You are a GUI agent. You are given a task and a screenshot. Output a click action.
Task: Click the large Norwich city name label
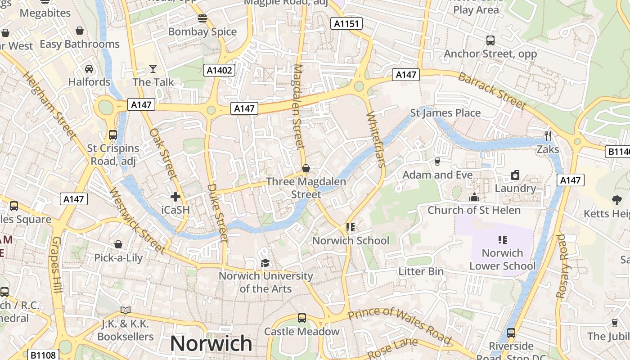[211, 344]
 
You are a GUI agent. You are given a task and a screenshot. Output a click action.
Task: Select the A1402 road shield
[220, 70]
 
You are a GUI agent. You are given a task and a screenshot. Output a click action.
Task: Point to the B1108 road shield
[44, 355]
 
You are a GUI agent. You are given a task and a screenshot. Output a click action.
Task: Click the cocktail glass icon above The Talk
[153, 69]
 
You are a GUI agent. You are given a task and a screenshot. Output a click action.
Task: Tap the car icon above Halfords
[89, 69]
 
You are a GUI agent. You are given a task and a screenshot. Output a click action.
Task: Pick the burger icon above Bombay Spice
[202, 18]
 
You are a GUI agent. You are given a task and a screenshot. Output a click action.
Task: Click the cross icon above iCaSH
[175, 197]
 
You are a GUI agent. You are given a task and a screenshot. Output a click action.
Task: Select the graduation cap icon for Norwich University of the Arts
[265, 263]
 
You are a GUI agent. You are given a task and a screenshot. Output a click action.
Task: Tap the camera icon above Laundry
[515, 175]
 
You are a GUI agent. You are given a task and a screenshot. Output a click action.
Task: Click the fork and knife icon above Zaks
[548, 135]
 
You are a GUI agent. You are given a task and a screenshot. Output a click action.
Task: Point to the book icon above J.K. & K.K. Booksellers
[126, 310]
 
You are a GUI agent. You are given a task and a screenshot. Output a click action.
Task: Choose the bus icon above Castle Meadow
[301, 318]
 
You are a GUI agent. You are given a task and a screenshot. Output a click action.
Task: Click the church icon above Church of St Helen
[474, 197]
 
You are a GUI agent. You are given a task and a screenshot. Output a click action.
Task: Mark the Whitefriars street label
[376, 139]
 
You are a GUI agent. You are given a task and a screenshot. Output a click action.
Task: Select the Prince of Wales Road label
[400, 324]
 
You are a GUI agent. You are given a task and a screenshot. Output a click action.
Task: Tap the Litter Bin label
[421, 271]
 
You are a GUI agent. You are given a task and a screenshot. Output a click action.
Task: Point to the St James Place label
[445, 112]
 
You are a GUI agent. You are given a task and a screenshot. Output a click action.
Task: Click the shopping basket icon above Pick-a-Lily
[118, 244]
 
